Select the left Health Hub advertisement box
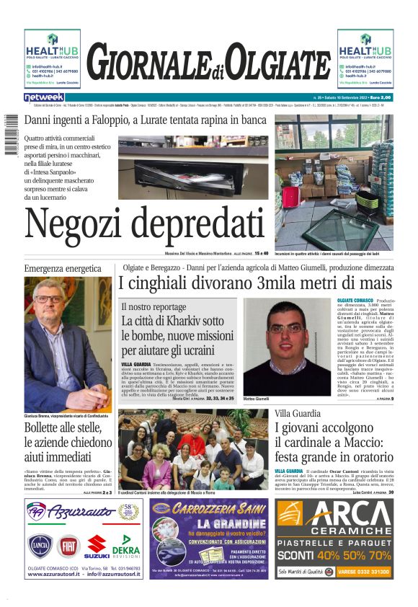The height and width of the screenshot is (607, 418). [x=52, y=58]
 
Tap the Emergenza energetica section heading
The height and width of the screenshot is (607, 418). [x=63, y=269]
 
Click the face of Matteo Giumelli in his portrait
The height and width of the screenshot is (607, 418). [x=285, y=332]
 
